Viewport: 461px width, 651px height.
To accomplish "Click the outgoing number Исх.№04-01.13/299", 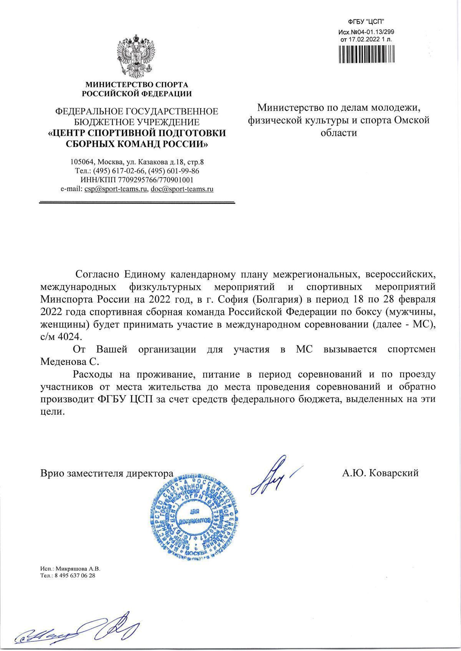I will click(366, 33).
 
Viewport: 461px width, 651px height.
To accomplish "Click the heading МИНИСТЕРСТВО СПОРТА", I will click(137, 84).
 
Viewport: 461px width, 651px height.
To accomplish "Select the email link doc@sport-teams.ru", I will click(182, 189).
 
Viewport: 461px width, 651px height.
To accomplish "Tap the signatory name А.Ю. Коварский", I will click(380, 473).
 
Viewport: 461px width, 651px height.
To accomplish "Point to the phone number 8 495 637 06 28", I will click(75, 576).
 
